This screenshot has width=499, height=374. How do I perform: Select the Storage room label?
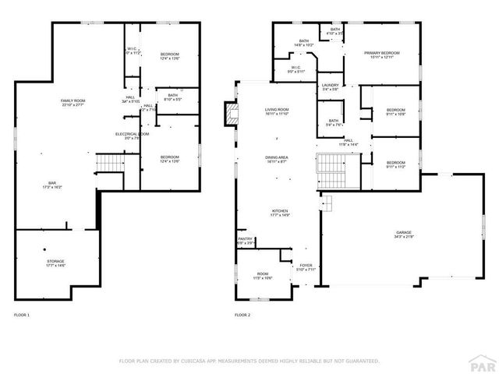click(x=55, y=263)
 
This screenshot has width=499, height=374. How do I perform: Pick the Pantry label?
click(x=246, y=242)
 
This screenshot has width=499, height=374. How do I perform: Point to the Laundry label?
click(x=330, y=87)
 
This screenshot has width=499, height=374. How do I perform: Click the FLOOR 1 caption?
click(x=22, y=315)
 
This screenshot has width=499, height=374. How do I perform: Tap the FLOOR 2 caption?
click(x=242, y=315)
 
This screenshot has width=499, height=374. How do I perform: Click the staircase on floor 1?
click(x=109, y=164)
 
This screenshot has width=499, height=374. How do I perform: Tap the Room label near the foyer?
click(x=263, y=275)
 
